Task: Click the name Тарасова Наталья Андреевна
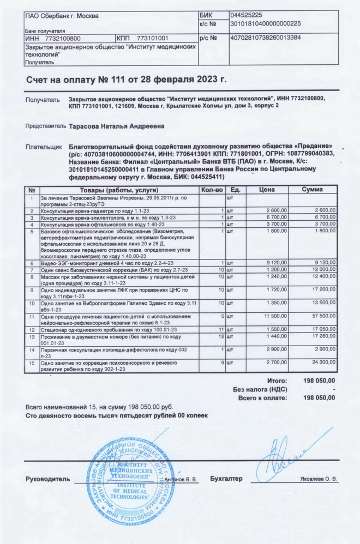point(116,126)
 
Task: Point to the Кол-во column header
point(212,189)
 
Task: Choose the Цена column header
point(266,189)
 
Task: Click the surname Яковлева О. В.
point(319,479)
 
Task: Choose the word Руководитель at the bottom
point(48,479)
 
